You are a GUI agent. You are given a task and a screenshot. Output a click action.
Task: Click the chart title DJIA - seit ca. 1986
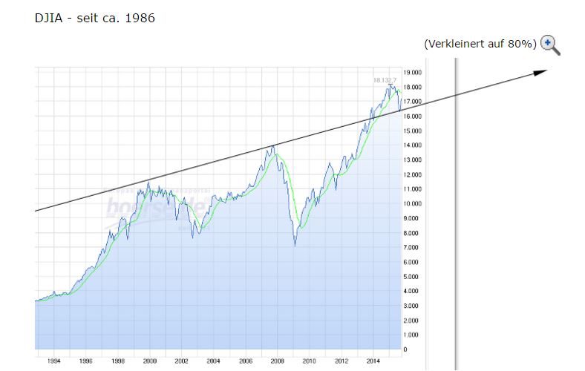94,18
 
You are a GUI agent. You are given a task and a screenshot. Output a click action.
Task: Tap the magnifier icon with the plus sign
549,45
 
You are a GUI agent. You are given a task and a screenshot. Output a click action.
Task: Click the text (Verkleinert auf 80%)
480,44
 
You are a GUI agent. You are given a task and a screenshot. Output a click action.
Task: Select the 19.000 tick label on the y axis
413,73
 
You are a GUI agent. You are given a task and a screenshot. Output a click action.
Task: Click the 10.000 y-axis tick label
413,204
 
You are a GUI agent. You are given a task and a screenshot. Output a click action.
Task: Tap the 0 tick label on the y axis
405,349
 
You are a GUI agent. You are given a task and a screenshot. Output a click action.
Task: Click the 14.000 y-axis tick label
413,145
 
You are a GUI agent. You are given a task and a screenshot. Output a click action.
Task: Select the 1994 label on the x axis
54,361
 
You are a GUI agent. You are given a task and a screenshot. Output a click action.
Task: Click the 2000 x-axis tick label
150,361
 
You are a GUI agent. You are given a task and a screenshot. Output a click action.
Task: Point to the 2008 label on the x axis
277,361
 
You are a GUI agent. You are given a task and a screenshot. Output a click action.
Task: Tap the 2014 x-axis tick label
373,361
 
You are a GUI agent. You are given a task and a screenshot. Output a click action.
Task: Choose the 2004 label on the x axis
214,361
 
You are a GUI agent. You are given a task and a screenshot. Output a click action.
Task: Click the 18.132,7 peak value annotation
385,79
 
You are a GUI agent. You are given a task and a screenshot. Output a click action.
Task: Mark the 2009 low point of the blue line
295,246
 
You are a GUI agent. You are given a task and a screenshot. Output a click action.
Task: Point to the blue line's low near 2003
193,237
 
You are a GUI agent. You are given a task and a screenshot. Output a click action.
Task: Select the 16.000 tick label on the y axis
413,116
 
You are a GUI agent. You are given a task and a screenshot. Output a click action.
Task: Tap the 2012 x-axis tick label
341,361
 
